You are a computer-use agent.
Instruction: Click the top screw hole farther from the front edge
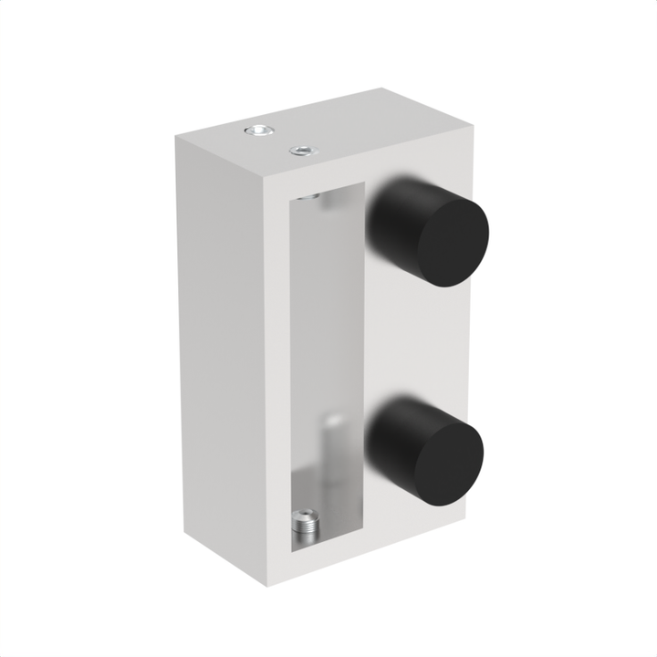(259, 131)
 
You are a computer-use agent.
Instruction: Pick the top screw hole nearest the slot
(298, 150)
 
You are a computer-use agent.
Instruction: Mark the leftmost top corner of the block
(177, 137)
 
